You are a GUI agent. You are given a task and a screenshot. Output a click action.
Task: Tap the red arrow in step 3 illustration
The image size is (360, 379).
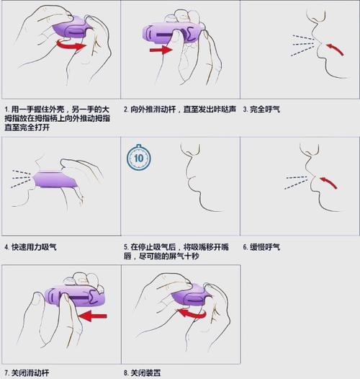click(333, 50)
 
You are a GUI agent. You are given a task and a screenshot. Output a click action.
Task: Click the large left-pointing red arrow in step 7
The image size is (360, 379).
click(93, 315)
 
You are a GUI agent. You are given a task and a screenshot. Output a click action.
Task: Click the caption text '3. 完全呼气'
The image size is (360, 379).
click(262, 110)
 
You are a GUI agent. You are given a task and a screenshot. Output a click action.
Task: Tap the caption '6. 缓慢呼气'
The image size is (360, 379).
click(262, 247)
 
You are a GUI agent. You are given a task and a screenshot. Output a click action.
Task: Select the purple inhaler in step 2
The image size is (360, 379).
click(173, 32)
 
